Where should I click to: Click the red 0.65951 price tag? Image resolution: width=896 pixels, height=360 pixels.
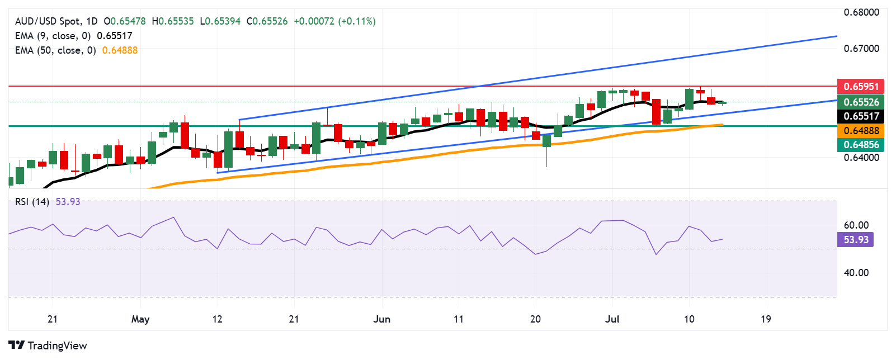point(861,87)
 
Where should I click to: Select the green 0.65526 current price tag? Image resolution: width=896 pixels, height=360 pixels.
point(861,102)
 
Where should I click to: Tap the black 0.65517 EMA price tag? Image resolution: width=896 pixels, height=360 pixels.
point(861,116)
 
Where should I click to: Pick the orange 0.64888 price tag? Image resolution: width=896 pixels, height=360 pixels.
point(861,131)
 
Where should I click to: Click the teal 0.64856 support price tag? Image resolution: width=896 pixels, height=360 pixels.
point(861,145)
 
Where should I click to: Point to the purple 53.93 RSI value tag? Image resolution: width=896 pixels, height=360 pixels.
point(856,240)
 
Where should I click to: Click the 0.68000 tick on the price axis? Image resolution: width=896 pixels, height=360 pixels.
point(861,12)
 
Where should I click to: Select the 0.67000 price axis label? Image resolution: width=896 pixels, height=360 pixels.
point(861,49)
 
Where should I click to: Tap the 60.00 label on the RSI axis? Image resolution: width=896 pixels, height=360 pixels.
point(856,225)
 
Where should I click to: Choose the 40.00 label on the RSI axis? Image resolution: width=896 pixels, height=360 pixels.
point(856,273)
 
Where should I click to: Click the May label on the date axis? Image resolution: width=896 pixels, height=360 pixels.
point(140,319)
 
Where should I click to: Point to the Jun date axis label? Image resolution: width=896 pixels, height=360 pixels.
point(381,319)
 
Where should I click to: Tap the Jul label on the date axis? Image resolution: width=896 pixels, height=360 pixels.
point(612,319)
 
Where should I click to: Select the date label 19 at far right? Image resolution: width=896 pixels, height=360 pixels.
point(766,319)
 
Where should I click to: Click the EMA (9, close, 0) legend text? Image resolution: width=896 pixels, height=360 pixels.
point(53,36)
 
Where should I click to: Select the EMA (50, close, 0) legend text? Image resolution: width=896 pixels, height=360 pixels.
point(55,50)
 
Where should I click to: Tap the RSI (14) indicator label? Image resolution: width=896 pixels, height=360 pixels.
point(32,202)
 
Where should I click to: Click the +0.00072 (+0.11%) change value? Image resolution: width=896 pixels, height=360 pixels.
point(334,21)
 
